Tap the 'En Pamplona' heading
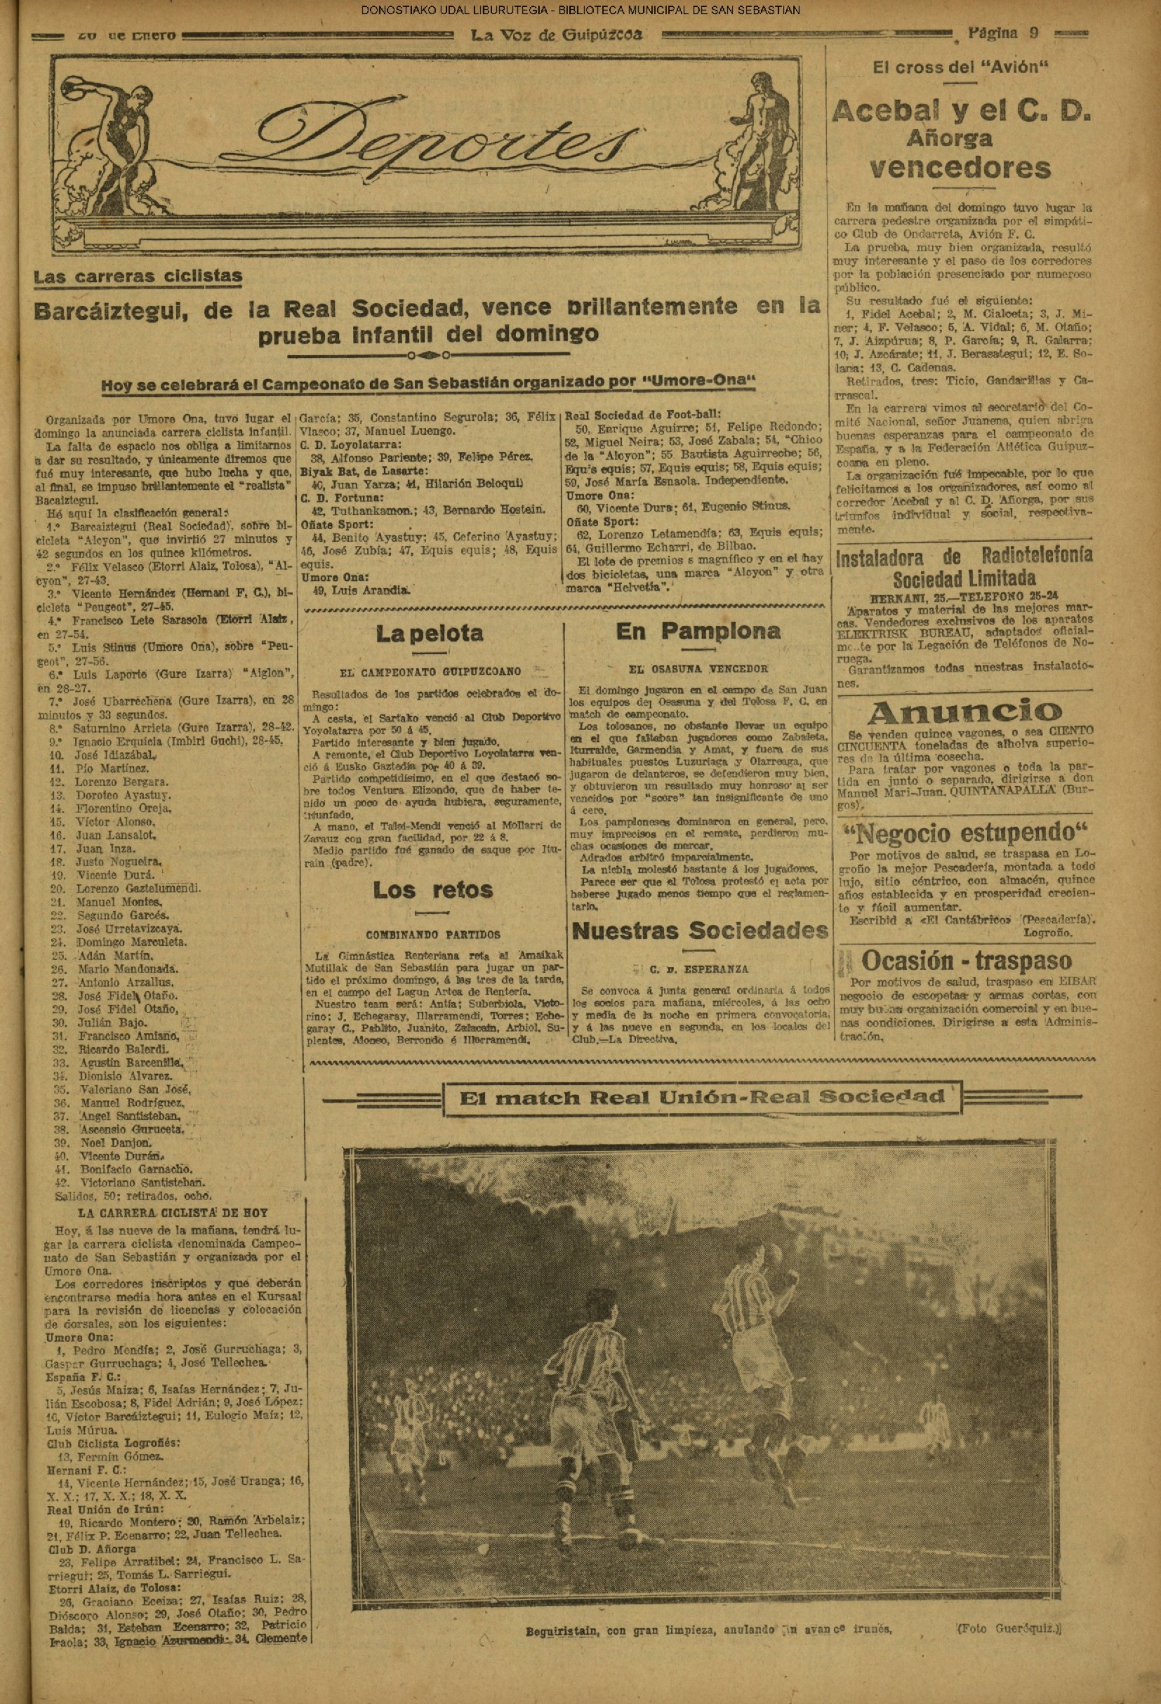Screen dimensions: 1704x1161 (x=698, y=632)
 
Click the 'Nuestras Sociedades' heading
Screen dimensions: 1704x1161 (x=700, y=931)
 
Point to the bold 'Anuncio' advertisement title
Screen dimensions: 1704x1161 (x=964, y=712)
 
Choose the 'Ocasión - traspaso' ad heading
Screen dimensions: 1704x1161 (x=966, y=961)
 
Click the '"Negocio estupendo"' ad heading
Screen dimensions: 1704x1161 (x=964, y=834)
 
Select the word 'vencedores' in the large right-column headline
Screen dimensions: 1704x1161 (x=960, y=168)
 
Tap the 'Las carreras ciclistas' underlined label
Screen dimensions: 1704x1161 (x=138, y=277)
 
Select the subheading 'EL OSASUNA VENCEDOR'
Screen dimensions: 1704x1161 (x=699, y=669)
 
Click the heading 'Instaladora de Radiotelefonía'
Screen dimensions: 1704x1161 (x=964, y=557)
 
